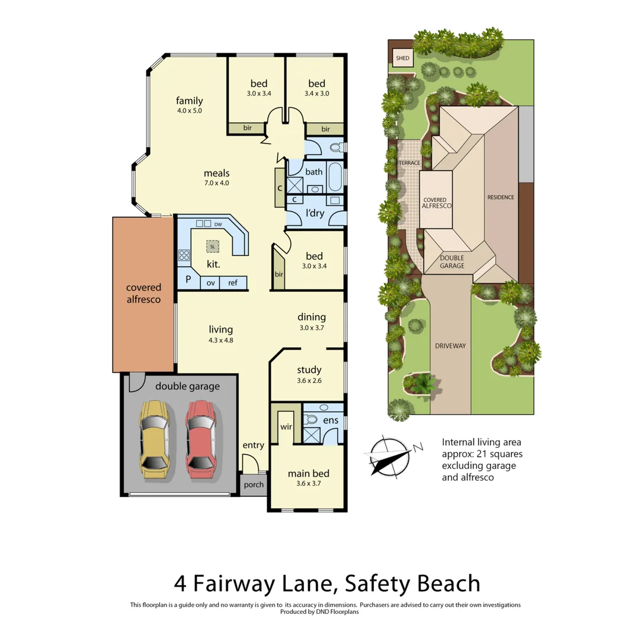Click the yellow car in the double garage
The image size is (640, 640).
click(x=154, y=439)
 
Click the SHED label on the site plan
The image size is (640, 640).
click(x=402, y=58)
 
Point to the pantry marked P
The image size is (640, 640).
click(x=188, y=279)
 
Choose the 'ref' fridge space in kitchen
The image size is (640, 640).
click(x=233, y=283)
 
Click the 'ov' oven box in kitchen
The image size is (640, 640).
click(x=210, y=283)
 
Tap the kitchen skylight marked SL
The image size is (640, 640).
click(x=212, y=245)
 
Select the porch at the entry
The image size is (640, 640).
click(x=254, y=485)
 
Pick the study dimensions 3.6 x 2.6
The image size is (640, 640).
click(x=308, y=381)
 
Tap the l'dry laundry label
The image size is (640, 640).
click(x=315, y=214)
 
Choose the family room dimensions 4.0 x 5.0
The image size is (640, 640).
click(x=189, y=110)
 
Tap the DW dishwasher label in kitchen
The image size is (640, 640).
click(x=219, y=224)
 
